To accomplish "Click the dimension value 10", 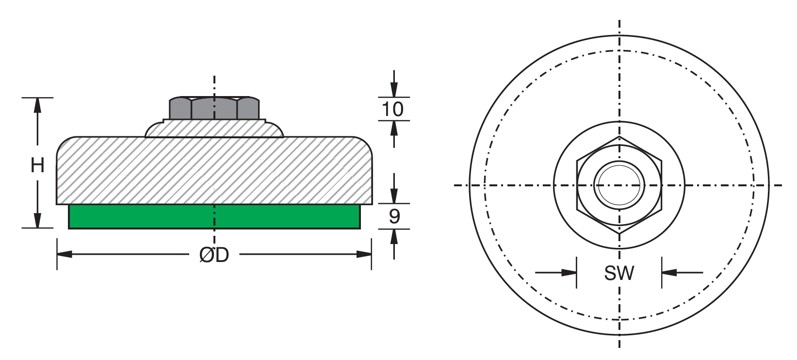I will tap(393, 109).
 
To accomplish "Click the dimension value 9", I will tap(394, 216).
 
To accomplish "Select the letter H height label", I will tap(37, 165).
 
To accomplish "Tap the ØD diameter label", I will tap(214, 255).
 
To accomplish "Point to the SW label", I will tap(619, 273).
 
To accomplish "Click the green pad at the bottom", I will tap(214, 216).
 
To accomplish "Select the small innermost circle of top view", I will tap(619, 185).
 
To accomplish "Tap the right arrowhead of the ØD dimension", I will tap(365, 254).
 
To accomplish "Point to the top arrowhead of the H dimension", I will tap(37, 105).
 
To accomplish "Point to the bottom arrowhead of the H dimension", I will tap(37, 221).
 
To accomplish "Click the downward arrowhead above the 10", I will tap(394, 90).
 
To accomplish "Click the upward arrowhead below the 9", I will tap(394, 236).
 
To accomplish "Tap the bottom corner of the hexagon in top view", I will tap(619, 234).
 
